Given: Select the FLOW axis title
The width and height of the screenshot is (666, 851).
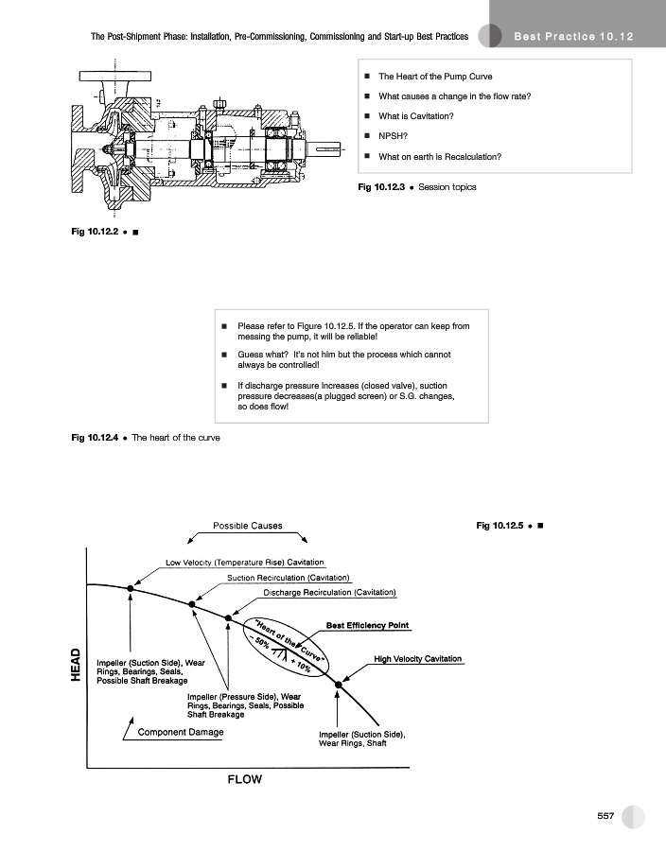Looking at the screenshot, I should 244,780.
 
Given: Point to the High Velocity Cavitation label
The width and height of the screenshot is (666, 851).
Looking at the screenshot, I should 418,658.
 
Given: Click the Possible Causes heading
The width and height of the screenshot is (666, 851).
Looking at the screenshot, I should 247,526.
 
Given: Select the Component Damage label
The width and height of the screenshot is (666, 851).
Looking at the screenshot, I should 181,732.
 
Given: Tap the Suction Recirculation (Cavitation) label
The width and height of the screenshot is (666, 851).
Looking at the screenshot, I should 289,577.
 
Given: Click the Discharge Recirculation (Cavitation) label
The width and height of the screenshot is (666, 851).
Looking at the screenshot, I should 329,592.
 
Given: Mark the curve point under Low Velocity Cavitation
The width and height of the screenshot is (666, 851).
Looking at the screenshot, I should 131,588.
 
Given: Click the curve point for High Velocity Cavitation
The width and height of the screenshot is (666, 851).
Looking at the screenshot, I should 339,682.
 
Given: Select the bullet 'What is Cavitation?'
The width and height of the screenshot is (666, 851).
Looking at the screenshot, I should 415,116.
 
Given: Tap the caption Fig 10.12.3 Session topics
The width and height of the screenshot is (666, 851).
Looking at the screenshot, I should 416,187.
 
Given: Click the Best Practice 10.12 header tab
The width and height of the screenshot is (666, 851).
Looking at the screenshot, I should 574,36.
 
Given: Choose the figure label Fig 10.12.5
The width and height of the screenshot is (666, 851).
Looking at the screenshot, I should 501,525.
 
